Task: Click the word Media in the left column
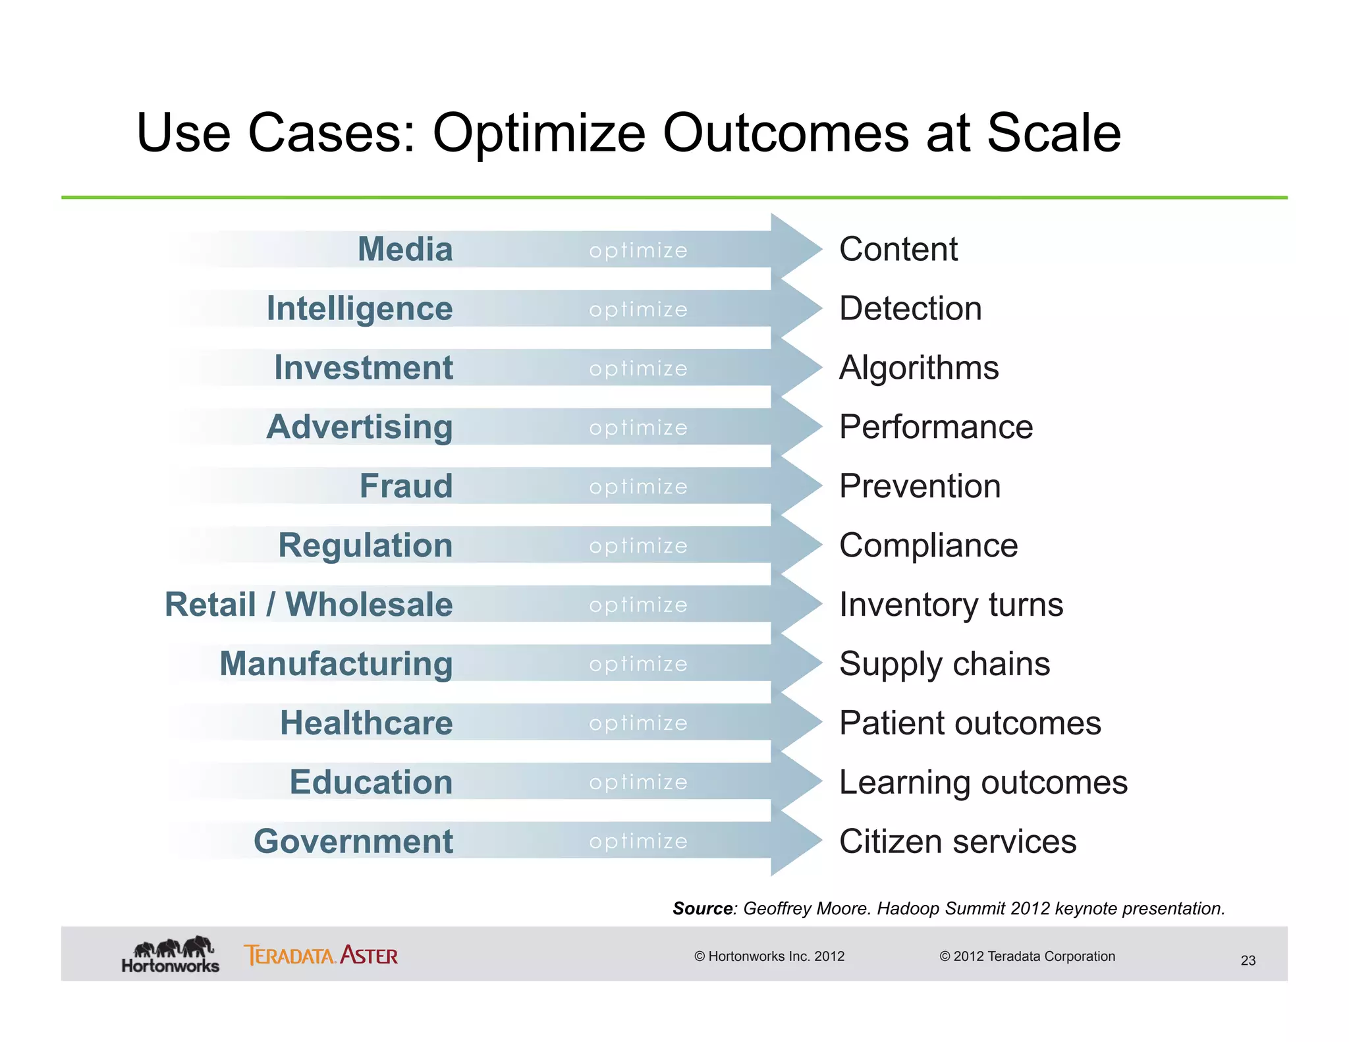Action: (405, 249)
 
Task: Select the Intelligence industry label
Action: (360, 308)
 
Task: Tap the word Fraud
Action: (406, 486)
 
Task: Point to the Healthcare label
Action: (366, 723)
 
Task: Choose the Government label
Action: (354, 841)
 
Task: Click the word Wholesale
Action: (369, 604)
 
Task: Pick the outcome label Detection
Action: (910, 308)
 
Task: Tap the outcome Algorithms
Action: (919, 368)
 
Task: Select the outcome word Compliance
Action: (929, 545)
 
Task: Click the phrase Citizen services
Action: (958, 841)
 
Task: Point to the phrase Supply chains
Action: (945, 664)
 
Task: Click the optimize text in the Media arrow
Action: (638, 250)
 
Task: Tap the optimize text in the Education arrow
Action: (638, 782)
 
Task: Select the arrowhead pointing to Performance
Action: (797, 427)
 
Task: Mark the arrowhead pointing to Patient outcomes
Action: (797, 723)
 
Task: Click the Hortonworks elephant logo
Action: (171, 954)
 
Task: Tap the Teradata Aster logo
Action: (321, 955)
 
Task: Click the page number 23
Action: (1248, 960)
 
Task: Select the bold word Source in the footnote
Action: (703, 909)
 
